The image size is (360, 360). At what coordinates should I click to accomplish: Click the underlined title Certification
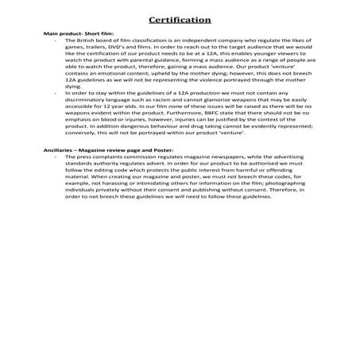[180, 19]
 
